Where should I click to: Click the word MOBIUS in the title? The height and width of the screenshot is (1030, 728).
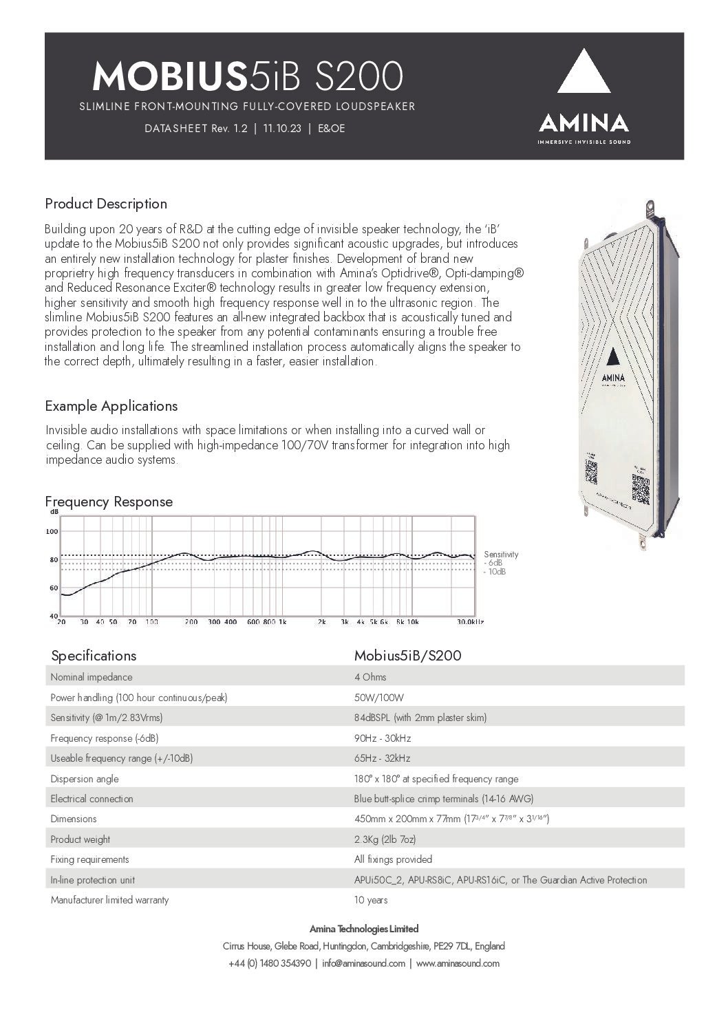(x=169, y=76)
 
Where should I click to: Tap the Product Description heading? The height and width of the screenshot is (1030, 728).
(x=106, y=204)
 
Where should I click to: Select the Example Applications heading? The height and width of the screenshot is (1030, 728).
(x=111, y=406)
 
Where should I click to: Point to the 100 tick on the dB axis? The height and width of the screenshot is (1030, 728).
(x=52, y=531)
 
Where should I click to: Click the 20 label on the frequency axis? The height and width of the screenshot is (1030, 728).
(x=61, y=621)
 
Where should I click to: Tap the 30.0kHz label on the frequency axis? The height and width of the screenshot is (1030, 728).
(x=471, y=621)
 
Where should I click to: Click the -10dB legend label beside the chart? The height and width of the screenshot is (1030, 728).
(x=495, y=572)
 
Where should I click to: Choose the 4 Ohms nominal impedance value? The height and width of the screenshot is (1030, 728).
(x=370, y=677)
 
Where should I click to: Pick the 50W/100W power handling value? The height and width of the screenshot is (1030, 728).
(x=374, y=698)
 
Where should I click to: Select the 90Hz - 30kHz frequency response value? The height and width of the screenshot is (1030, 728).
(x=382, y=738)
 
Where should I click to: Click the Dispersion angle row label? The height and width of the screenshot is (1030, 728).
(x=85, y=779)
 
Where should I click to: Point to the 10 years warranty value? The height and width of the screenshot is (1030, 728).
(x=371, y=900)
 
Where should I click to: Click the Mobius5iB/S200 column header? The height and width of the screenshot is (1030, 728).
(x=407, y=656)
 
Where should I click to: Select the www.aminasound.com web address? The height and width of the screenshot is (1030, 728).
(x=458, y=963)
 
